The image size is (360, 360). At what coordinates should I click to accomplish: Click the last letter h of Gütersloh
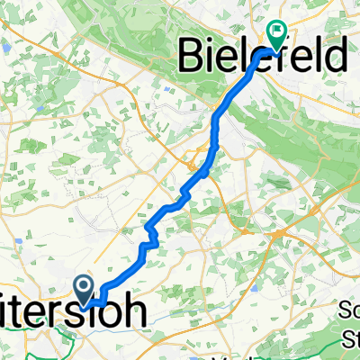[x=133, y=314]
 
